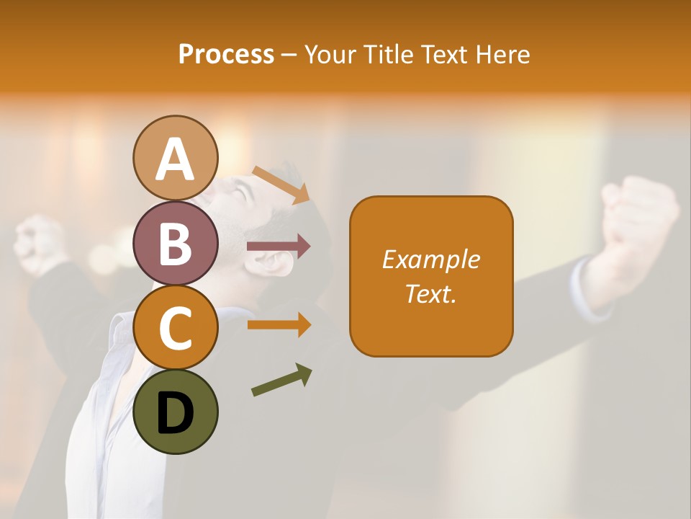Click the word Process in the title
click(x=226, y=54)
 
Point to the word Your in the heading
click(x=330, y=54)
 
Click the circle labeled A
click(x=176, y=158)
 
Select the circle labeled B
click(x=176, y=243)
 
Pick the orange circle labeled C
click(x=176, y=327)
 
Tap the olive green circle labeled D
click(x=176, y=412)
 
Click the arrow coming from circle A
click(x=281, y=185)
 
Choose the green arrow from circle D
click(x=281, y=379)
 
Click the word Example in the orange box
click(x=430, y=259)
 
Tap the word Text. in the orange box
click(x=430, y=293)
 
